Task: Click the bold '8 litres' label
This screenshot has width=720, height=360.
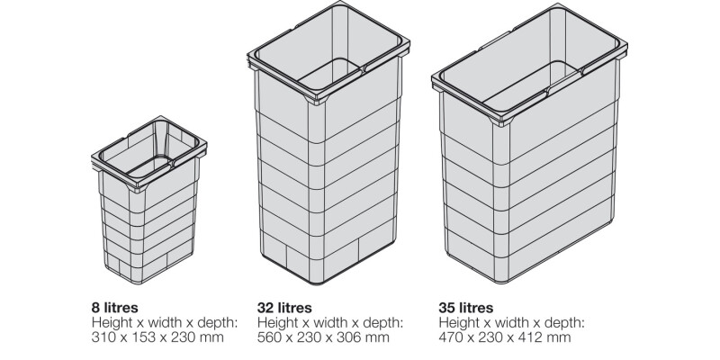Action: (x=117, y=307)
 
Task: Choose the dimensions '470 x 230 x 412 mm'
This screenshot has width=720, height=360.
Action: (x=506, y=337)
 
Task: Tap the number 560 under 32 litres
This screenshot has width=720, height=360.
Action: (x=271, y=337)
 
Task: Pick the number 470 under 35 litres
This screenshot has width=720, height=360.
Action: (x=454, y=337)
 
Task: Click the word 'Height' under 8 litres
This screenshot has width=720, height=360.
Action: (x=112, y=322)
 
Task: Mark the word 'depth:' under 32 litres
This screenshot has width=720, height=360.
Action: (x=383, y=322)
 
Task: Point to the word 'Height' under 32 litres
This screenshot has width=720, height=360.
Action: (x=277, y=322)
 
